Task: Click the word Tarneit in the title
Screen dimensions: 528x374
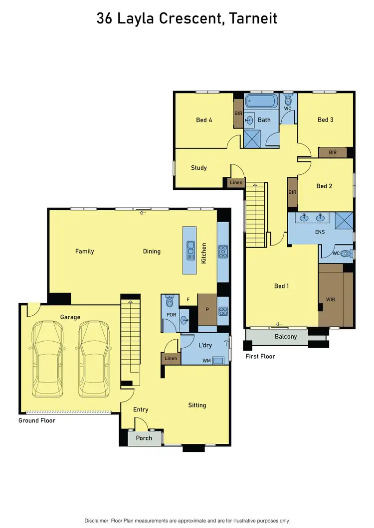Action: (x=252, y=19)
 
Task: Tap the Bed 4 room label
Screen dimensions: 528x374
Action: (x=204, y=120)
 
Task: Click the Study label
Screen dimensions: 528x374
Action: (x=198, y=168)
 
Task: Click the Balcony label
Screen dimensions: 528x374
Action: (x=286, y=337)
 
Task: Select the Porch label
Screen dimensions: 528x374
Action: (x=144, y=438)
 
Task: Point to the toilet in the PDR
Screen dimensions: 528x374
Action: (x=169, y=301)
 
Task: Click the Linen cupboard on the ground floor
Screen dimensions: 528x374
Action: (x=170, y=359)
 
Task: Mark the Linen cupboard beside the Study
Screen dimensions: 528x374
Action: (x=236, y=183)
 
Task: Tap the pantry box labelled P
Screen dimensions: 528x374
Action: (x=207, y=309)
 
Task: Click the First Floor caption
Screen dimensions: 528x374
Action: (x=260, y=357)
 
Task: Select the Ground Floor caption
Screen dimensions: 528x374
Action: (x=37, y=421)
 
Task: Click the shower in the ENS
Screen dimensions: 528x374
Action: (x=344, y=219)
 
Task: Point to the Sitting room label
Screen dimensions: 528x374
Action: (x=197, y=405)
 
